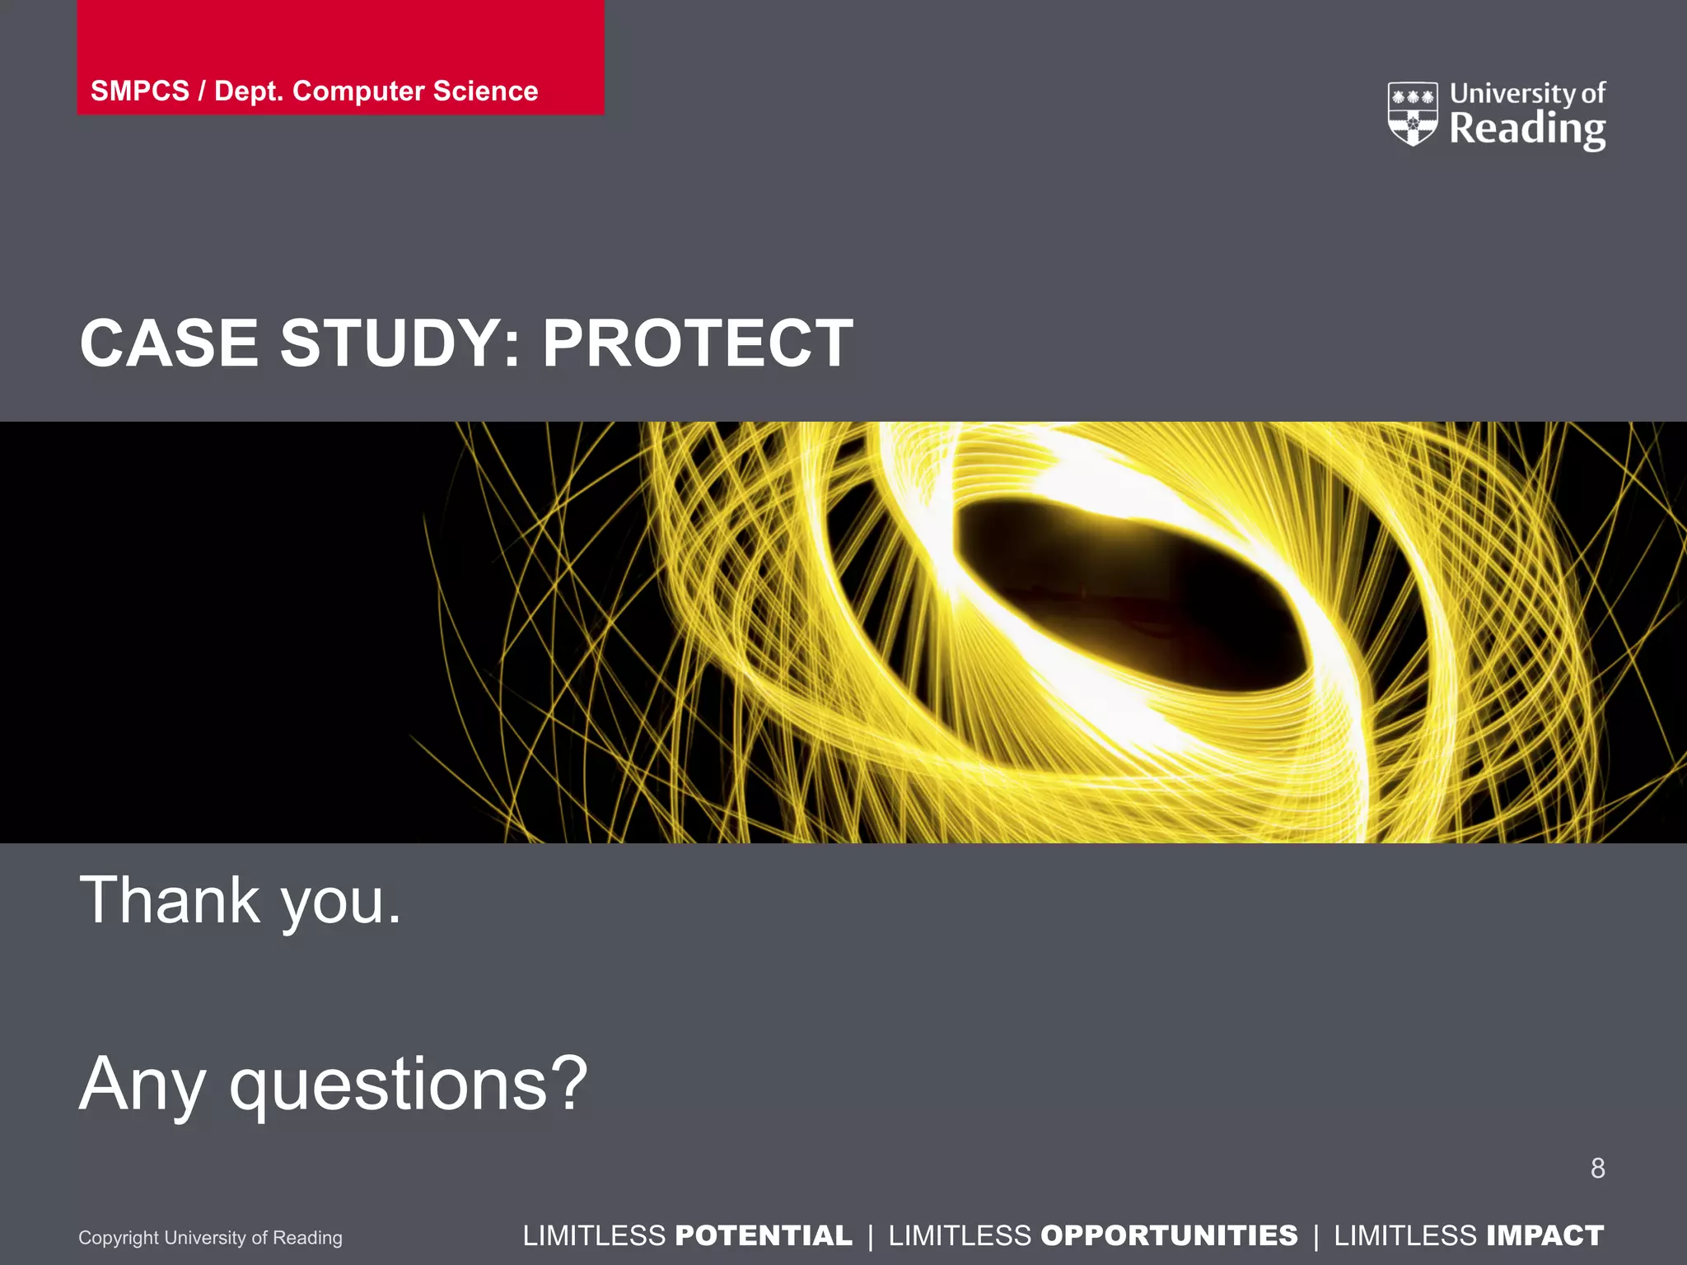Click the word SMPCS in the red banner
coord(139,91)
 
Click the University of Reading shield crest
coord(1413,114)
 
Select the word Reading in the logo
coord(1527,129)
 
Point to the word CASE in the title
coord(169,343)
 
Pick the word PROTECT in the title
coord(697,343)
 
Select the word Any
coord(142,1085)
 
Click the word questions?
coord(408,1085)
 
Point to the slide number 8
coord(1597,1168)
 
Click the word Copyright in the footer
coord(118,1238)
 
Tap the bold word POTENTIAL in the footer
coord(763,1235)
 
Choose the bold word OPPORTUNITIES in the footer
coord(1169,1235)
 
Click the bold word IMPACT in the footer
coord(1544,1235)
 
